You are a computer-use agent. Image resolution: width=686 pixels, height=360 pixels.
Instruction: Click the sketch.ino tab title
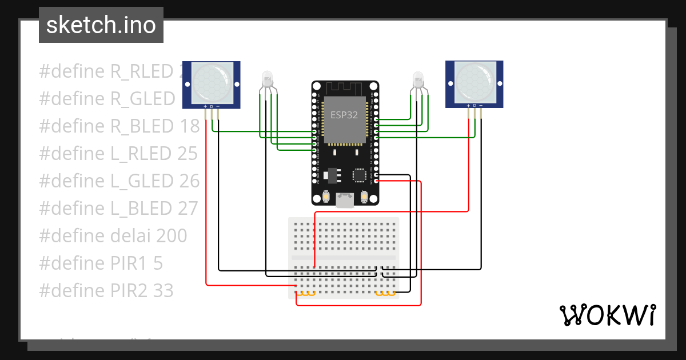click(x=101, y=25)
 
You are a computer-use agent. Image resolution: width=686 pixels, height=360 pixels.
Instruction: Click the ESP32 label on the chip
click(x=344, y=114)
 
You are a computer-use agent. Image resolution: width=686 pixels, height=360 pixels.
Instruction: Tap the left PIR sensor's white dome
click(x=211, y=81)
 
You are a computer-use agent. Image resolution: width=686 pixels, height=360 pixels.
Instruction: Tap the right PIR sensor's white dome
click(x=474, y=81)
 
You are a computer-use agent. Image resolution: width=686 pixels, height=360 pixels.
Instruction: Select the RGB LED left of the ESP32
click(x=268, y=79)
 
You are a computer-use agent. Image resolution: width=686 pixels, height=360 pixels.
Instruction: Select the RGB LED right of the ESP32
click(x=418, y=79)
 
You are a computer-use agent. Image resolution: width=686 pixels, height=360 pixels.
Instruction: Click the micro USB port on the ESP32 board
click(x=345, y=200)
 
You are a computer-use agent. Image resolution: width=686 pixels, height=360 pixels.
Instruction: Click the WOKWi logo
click(x=607, y=315)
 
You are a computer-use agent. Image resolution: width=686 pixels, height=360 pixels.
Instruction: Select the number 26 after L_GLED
click(x=188, y=181)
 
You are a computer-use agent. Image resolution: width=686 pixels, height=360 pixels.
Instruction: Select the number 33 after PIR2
click(x=163, y=291)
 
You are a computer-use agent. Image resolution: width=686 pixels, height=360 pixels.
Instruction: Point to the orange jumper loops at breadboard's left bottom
click(x=306, y=294)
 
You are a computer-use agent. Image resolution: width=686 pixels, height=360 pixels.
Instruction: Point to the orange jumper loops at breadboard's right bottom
click(x=386, y=294)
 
